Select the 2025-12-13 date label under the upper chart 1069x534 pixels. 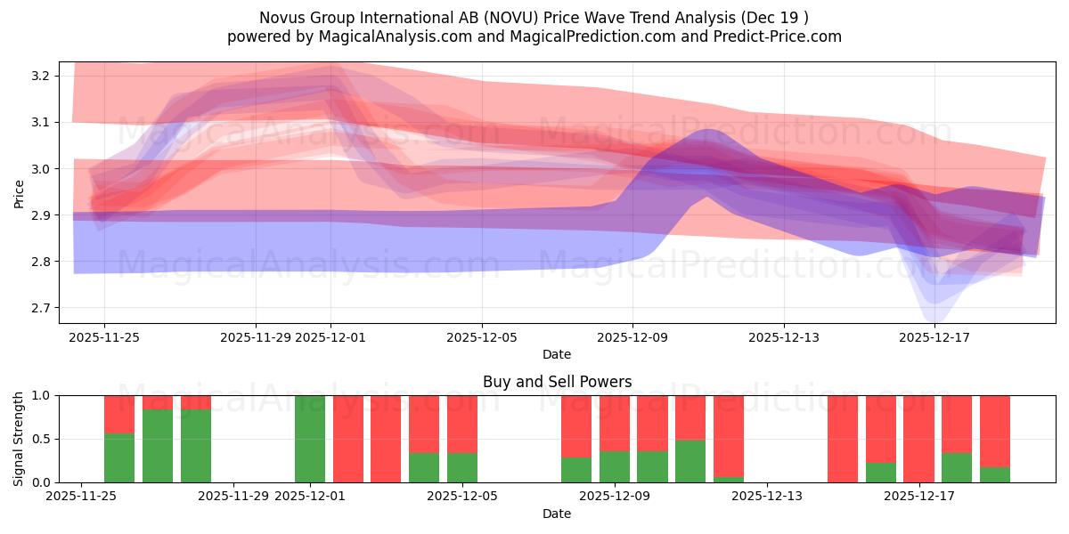coord(783,337)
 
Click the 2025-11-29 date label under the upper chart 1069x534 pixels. coord(256,337)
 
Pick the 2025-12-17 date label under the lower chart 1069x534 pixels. coord(918,496)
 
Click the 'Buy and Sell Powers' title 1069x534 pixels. coord(557,382)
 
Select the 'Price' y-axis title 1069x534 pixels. coord(20,193)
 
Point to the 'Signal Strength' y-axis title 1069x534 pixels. coord(20,439)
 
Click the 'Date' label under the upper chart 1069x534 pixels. coord(557,354)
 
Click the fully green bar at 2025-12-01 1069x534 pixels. coord(310,439)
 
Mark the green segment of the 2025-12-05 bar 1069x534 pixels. coord(462,467)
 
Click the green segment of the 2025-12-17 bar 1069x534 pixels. coord(957,467)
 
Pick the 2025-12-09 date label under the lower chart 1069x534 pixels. coord(615,496)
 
